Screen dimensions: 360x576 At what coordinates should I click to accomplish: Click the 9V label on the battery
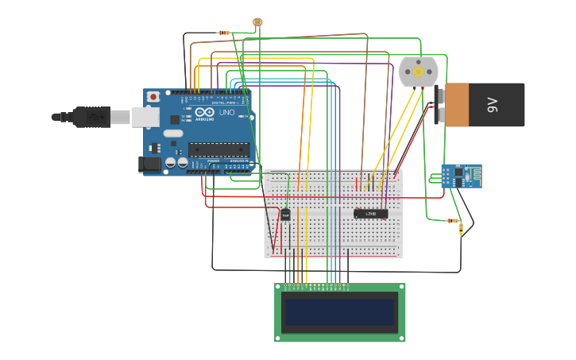tap(492, 104)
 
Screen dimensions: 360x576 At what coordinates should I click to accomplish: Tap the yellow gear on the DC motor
tap(418, 72)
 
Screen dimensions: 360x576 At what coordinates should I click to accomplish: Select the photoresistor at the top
tap(257, 22)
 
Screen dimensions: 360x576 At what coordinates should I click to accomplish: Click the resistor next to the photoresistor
tap(224, 33)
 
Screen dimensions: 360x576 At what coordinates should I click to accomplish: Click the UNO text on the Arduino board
tap(226, 113)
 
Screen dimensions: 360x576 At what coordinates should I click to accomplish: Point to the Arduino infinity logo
tap(204, 113)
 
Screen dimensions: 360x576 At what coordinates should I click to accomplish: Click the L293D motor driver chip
tap(370, 213)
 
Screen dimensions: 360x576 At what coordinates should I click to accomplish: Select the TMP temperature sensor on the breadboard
tap(285, 215)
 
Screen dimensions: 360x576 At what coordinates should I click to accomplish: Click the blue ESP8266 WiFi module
tap(461, 176)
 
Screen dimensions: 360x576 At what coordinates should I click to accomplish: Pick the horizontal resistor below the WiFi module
tap(453, 220)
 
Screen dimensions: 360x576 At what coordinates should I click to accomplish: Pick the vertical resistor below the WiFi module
tap(461, 230)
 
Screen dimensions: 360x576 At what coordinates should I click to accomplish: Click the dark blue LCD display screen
tap(340, 313)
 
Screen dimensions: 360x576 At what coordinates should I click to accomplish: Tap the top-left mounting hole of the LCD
tap(278, 287)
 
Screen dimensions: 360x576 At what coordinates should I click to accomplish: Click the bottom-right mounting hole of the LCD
tap(402, 338)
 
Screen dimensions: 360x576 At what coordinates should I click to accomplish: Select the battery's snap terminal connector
tap(439, 106)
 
